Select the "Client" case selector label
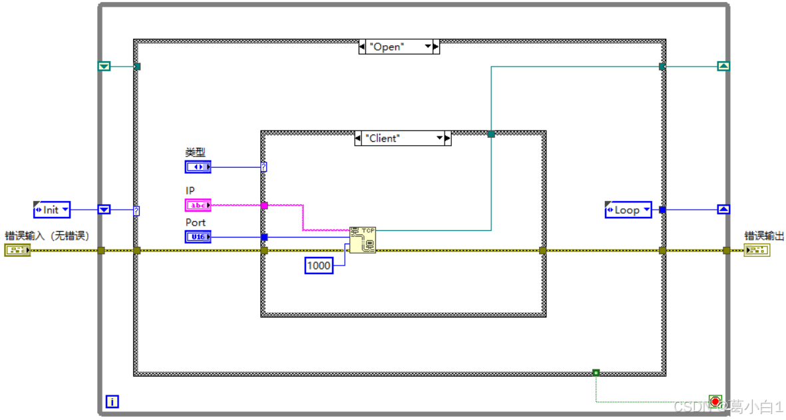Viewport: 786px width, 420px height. pyautogui.click(x=399, y=138)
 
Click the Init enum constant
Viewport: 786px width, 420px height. pyautogui.click(x=51, y=210)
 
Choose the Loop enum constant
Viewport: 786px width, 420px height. pyautogui.click(x=628, y=210)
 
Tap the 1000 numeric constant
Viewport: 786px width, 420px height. pyautogui.click(x=318, y=266)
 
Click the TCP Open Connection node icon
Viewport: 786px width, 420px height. pyautogui.click(x=363, y=240)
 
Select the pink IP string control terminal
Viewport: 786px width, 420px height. pyautogui.click(x=198, y=205)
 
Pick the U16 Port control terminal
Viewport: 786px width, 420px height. pyautogui.click(x=198, y=236)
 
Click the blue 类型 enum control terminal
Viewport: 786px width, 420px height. pyautogui.click(x=198, y=166)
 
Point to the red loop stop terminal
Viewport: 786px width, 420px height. pyautogui.click(x=715, y=401)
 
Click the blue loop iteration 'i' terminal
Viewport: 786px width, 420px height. pyautogui.click(x=112, y=401)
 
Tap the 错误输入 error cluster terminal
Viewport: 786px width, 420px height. pyautogui.click(x=17, y=250)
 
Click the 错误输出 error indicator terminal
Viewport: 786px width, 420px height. pyautogui.click(x=756, y=250)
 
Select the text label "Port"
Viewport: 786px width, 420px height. pyautogui.click(x=195, y=222)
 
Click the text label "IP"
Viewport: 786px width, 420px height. pyautogui.click(x=190, y=191)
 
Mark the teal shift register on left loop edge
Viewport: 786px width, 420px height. pyautogui.click(x=104, y=66)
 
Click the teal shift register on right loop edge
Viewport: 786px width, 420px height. pyautogui.click(x=723, y=66)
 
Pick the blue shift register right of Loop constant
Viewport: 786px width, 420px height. pyautogui.click(x=723, y=209)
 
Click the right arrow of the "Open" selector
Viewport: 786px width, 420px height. pyautogui.click(x=435, y=47)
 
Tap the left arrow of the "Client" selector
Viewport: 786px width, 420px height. pyautogui.click(x=359, y=138)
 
